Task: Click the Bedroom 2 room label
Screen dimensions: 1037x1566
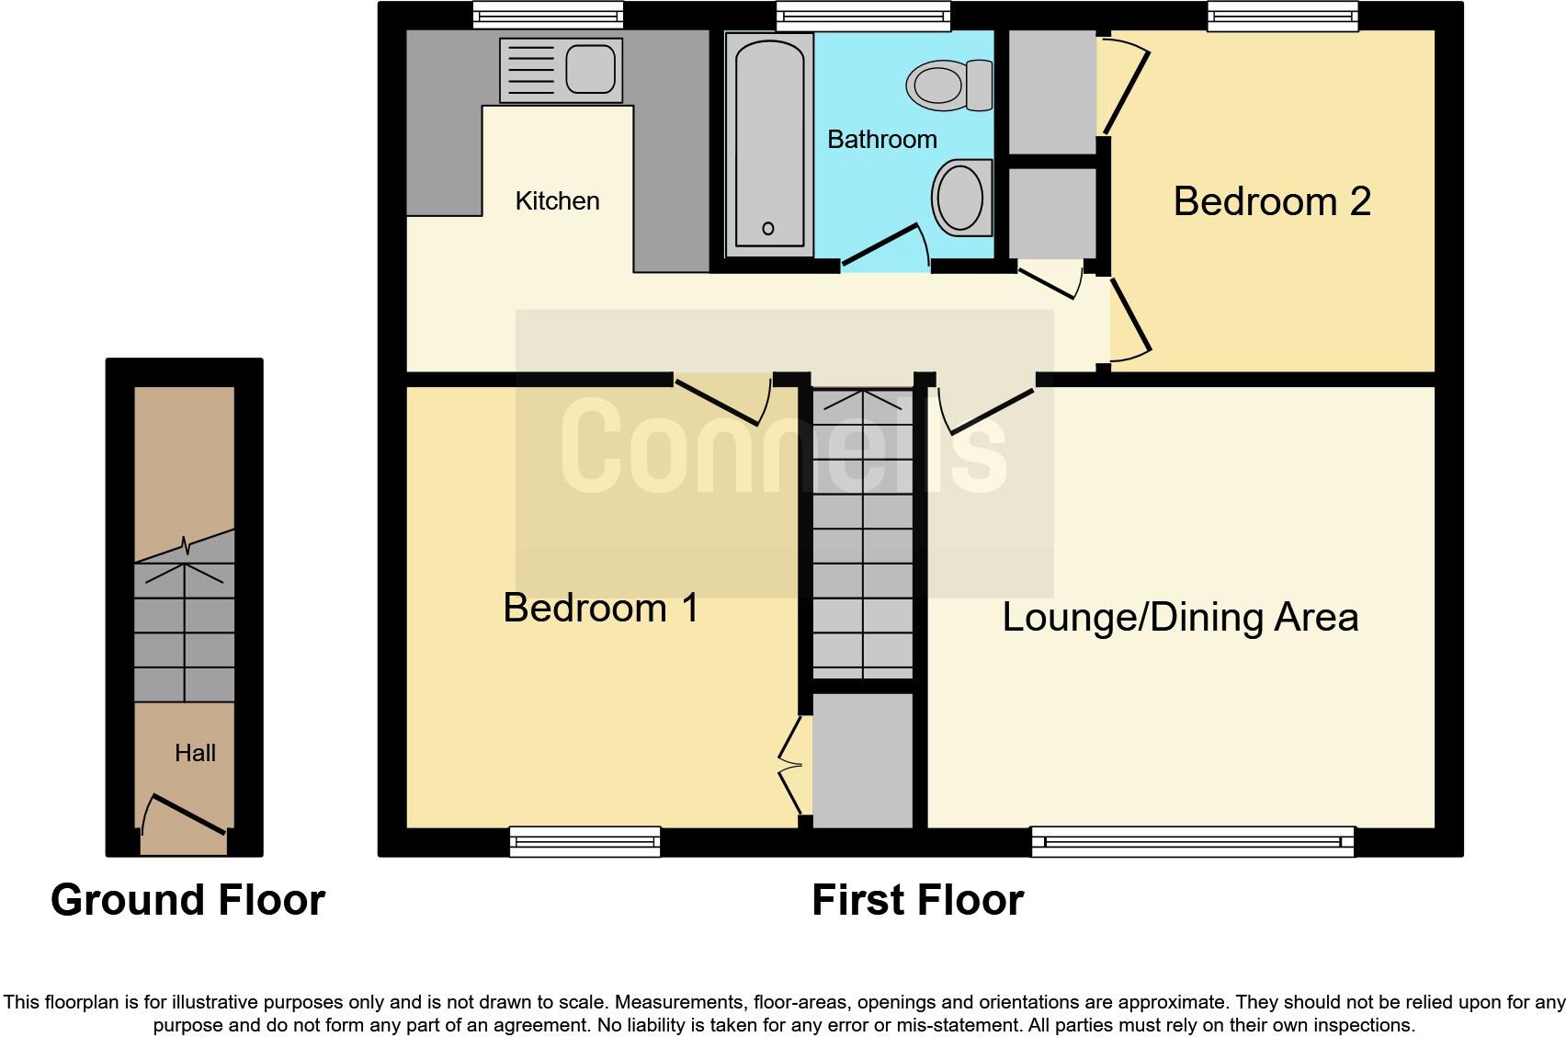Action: pos(1271,201)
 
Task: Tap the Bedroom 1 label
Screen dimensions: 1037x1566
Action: pos(601,608)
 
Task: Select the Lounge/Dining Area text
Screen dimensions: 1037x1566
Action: pos(1180,617)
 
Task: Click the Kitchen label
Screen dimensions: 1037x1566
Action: pos(557,200)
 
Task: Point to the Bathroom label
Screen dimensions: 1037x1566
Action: pos(881,140)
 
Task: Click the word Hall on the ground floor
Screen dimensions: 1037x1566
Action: pos(195,753)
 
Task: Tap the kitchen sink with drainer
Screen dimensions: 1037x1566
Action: pos(561,70)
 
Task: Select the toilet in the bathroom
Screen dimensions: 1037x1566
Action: pos(949,85)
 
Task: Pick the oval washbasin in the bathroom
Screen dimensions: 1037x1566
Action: pos(961,197)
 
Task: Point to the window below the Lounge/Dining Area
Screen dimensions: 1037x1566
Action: pos(1192,840)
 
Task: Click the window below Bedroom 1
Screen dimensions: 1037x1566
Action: pos(584,840)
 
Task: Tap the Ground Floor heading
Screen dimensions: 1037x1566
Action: pos(187,900)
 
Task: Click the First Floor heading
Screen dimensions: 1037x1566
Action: pos(917,900)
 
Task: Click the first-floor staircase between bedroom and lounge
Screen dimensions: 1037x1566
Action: pos(863,533)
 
